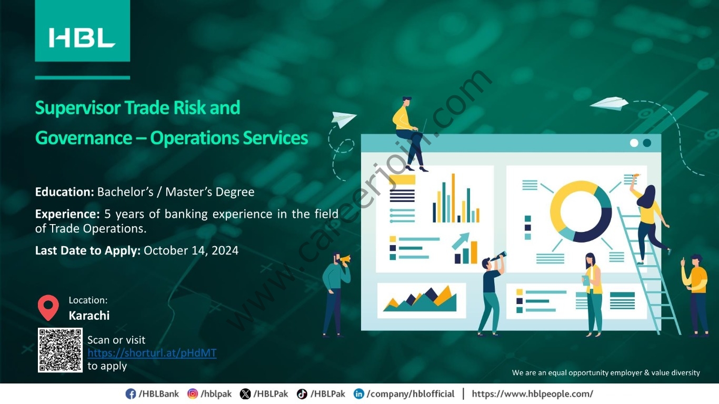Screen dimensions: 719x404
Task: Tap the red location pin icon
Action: click(48, 307)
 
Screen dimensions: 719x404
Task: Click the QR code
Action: click(60, 350)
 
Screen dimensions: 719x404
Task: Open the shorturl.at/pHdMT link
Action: click(152, 353)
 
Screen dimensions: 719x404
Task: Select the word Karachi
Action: click(89, 316)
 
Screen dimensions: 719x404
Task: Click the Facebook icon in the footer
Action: click(131, 393)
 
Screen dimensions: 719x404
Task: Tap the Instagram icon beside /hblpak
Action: click(193, 393)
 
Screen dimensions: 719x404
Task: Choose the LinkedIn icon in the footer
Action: click(359, 393)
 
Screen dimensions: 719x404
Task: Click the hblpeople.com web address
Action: click(533, 393)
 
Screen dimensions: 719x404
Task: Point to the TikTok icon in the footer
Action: click(302, 393)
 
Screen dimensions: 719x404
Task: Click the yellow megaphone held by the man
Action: click(345, 259)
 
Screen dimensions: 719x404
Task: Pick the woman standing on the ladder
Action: click(649, 221)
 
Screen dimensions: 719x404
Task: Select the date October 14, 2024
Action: click(191, 250)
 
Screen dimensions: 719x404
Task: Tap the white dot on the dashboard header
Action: click(634, 143)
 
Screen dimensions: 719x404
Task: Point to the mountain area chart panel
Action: click(422, 300)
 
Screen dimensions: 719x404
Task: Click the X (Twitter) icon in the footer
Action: click(245, 393)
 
